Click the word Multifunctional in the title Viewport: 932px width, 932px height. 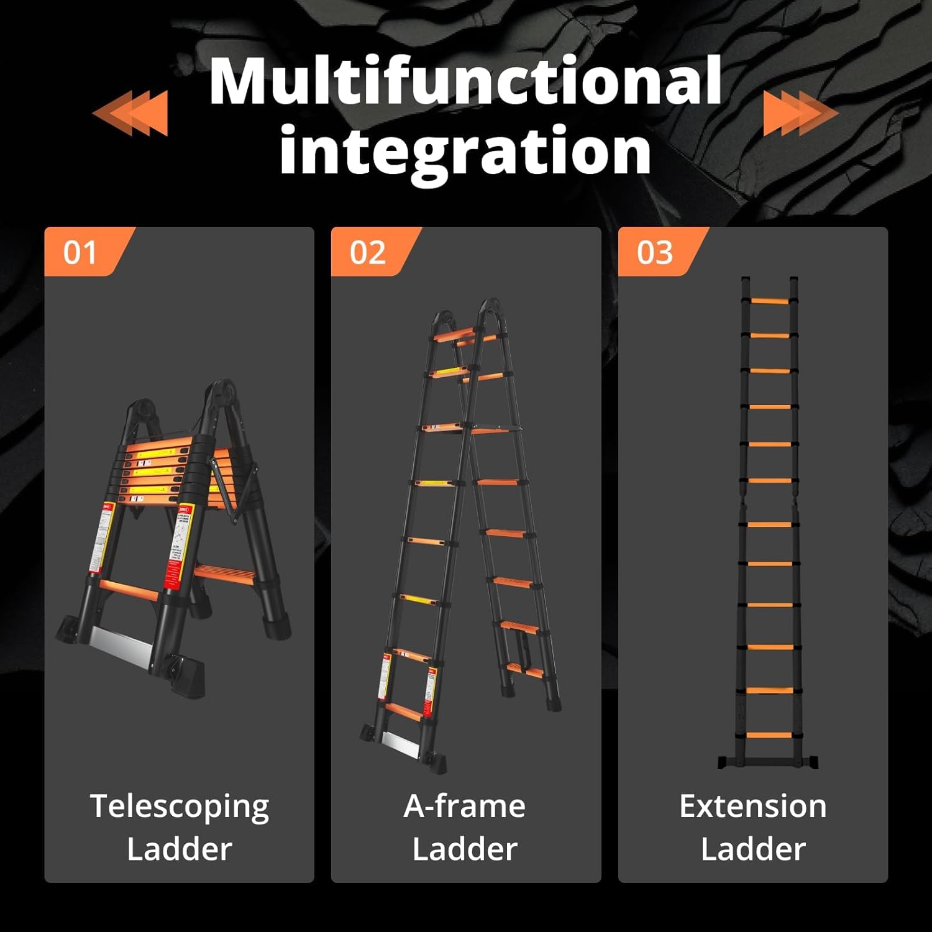[465, 81]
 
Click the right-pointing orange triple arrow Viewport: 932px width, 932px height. [800, 112]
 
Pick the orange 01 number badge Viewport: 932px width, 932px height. [81, 252]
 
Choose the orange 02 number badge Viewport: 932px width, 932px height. [368, 252]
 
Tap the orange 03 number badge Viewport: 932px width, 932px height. [655, 252]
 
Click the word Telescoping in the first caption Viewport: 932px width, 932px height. [180, 806]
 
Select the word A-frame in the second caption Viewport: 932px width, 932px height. [465, 806]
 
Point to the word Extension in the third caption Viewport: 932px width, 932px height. [752, 806]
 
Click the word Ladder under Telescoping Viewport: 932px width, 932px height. [180, 849]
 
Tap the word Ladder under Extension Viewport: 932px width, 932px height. [752, 849]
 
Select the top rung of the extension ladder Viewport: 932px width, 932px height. [769, 301]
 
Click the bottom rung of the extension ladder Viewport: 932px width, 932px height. [769, 736]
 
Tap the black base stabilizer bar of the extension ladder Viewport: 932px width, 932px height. [768, 762]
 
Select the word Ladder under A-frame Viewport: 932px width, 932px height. [465, 849]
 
